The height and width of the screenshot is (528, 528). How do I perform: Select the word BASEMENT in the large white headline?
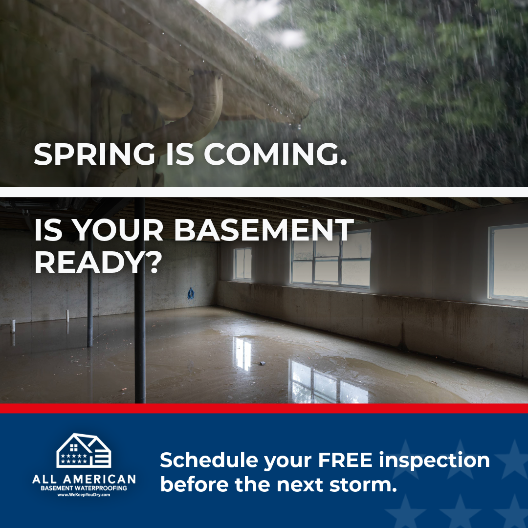[264, 230]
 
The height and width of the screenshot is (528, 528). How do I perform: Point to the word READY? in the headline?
[98, 264]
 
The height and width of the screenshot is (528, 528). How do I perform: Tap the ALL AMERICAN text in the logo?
[84, 479]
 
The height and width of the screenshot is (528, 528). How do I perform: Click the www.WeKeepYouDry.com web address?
[84, 495]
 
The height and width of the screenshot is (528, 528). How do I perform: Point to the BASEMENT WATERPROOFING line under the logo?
[84, 488]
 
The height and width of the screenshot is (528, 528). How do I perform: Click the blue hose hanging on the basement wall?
[191, 293]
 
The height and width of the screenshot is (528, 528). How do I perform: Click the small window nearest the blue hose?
[243, 264]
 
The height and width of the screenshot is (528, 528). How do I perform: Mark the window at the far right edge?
[508, 264]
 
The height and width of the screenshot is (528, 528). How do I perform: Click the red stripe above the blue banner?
[264, 408]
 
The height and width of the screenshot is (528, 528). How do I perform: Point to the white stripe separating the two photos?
[264, 192]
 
